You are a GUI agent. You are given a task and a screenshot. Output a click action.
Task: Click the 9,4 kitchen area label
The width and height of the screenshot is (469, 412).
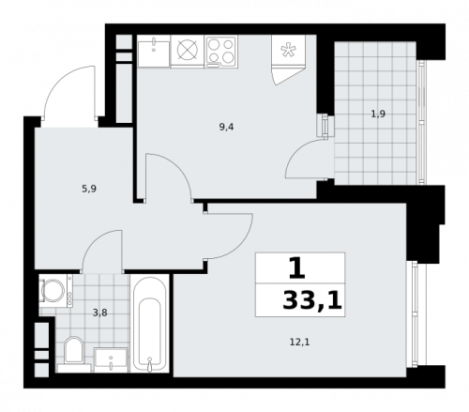[x=226, y=126]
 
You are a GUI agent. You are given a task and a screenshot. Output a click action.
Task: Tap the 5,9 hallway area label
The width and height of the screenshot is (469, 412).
[x=89, y=189]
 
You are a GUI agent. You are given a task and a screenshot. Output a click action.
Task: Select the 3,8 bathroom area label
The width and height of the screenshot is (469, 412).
[x=99, y=313]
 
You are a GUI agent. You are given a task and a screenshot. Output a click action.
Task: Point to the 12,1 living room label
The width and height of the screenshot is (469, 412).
[x=299, y=342]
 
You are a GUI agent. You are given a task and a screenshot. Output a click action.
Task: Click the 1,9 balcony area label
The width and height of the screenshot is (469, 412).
[x=377, y=114]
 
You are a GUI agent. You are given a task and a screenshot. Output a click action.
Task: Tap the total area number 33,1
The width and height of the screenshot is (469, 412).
[x=311, y=301]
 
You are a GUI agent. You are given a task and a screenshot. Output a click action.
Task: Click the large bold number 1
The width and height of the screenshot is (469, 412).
[x=296, y=269]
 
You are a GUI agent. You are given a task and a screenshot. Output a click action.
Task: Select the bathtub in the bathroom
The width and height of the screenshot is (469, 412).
[x=150, y=324]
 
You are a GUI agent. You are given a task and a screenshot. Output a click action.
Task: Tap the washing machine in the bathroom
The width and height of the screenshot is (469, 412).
[x=54, y=290]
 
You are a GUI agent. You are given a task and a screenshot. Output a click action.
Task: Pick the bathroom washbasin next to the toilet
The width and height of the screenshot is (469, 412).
[x=112, y=358]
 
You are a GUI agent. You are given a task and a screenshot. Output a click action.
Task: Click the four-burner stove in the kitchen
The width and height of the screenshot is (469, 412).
[x=221, y=51]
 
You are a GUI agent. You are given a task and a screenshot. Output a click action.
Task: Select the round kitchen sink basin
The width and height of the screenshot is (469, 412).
[x=187, y=51]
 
